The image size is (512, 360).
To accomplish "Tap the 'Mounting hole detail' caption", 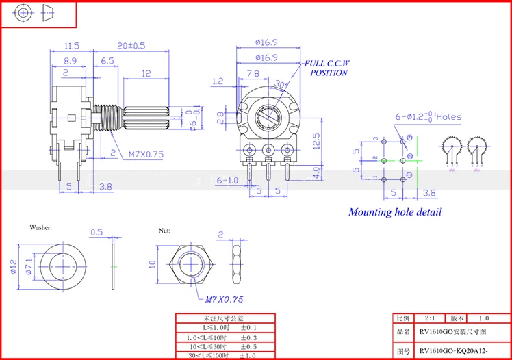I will pos(395,211).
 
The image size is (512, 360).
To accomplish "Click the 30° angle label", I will pos(279,84).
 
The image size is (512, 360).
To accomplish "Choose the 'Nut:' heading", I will pos(164,231).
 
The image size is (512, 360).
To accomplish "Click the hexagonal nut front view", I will pos(194,263).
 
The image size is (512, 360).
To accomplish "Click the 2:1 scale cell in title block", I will pos(429,318).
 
